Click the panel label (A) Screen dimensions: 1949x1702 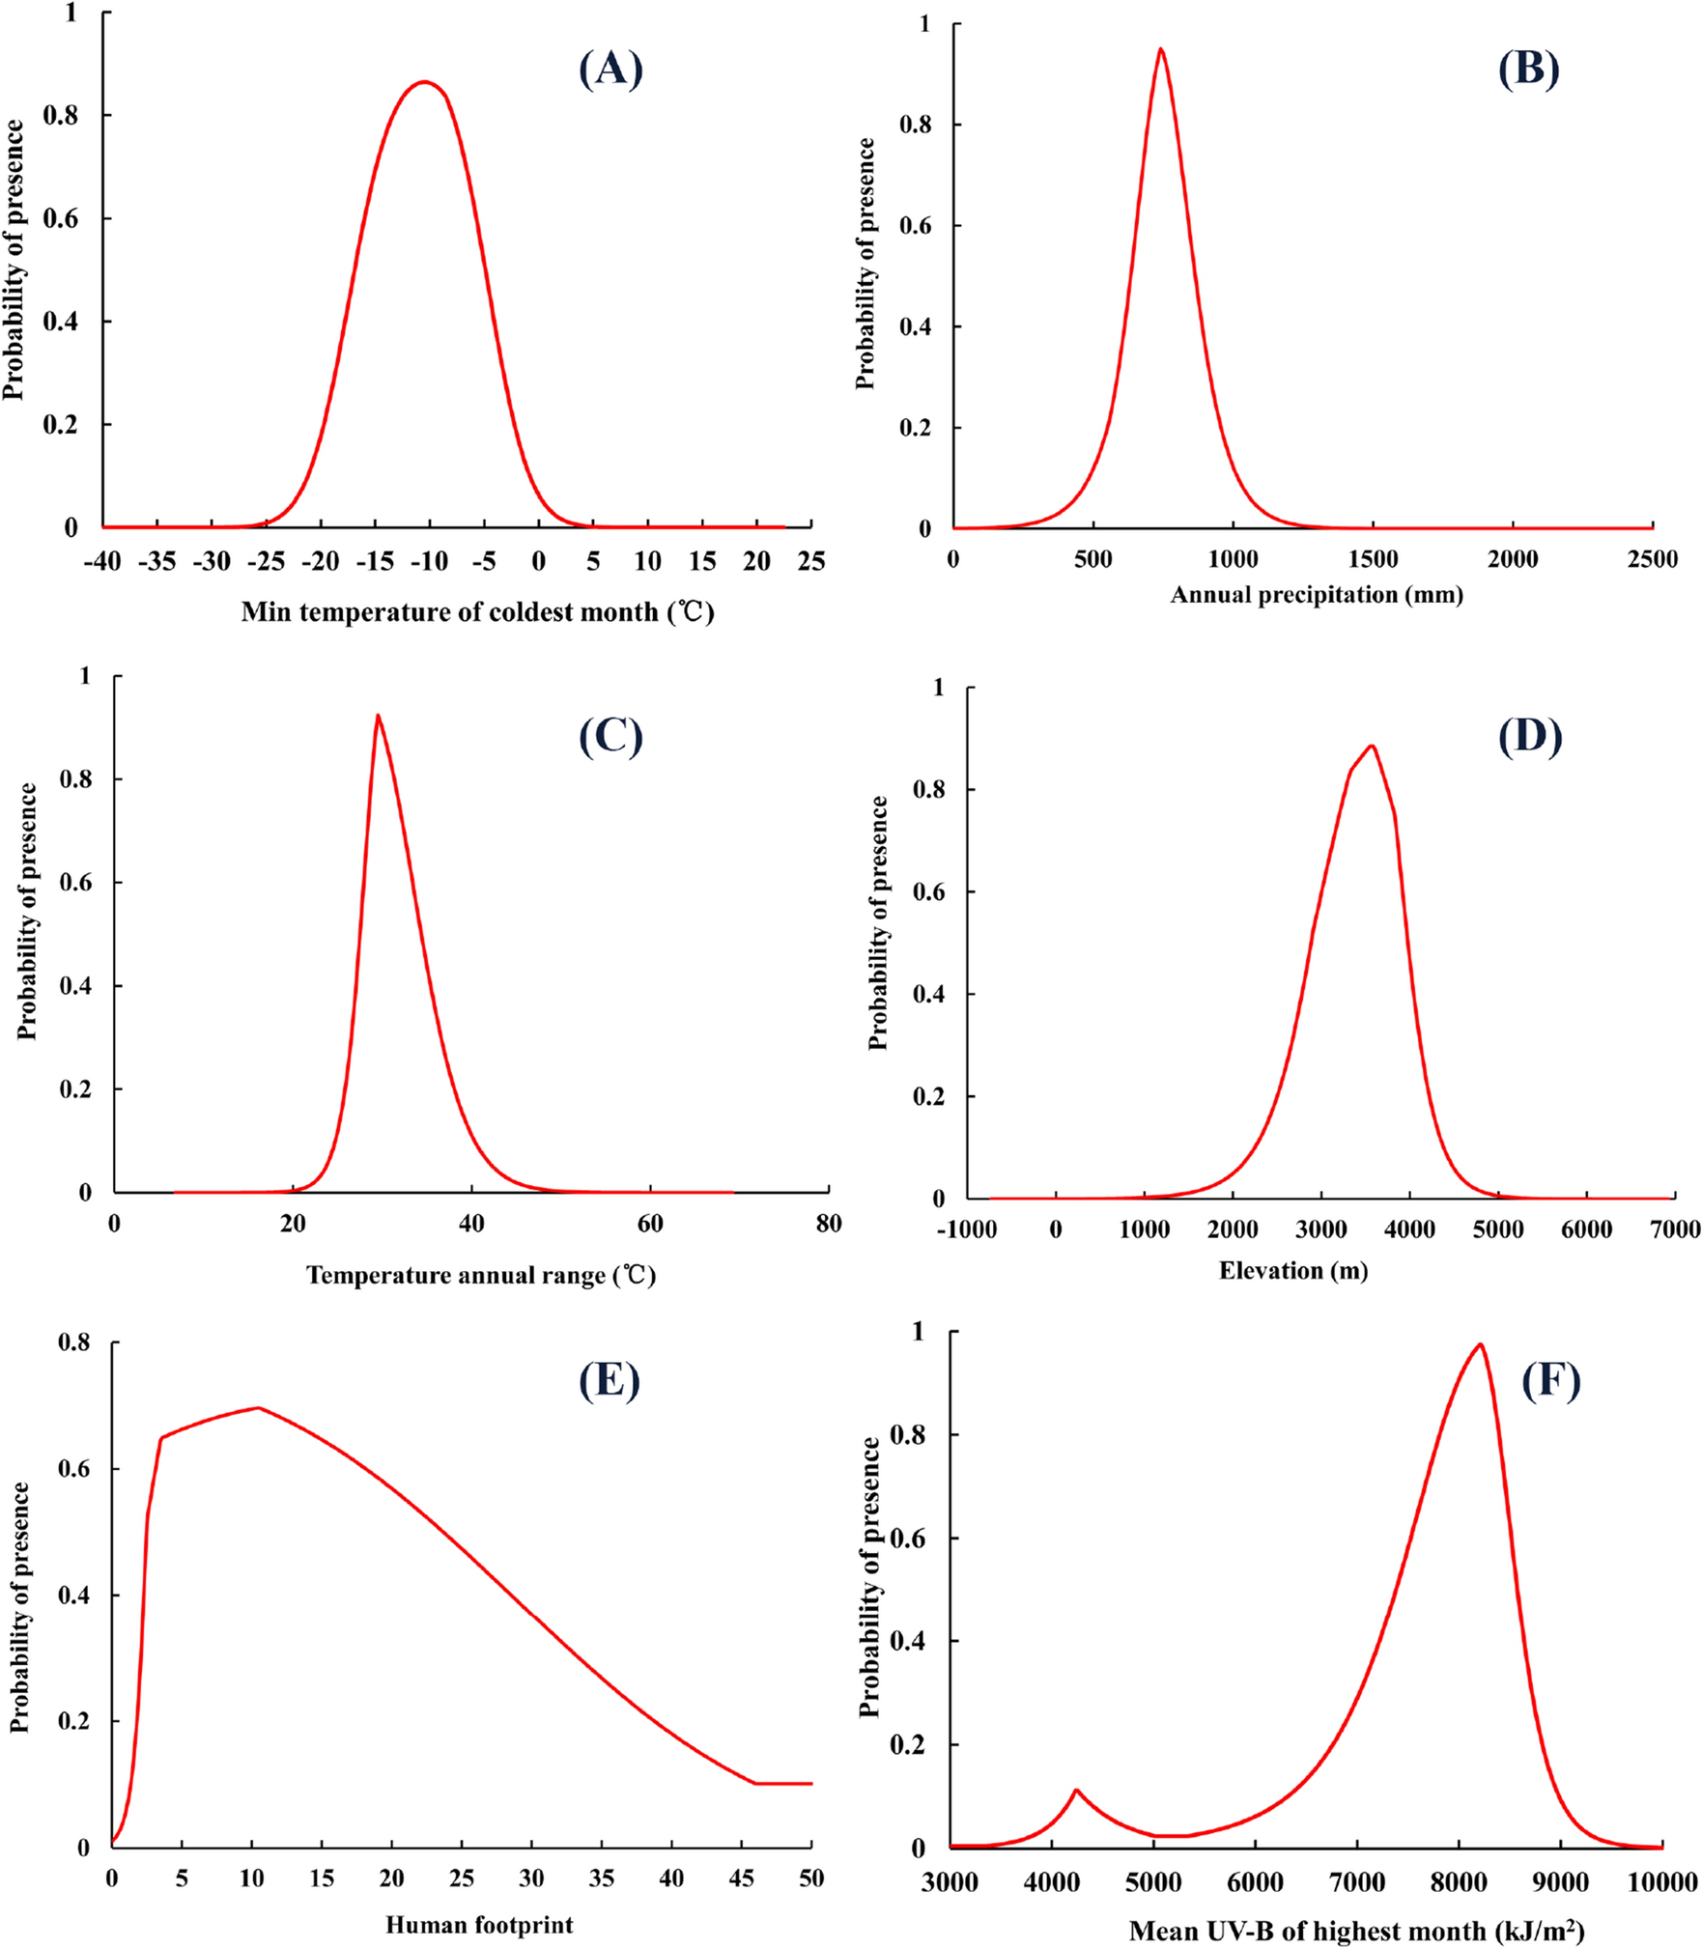pos(610,70)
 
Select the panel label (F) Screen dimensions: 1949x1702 pos(1550,1380)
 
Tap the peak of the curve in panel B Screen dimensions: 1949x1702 pos(1160,49)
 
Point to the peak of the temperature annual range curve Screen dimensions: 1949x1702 pos(378,716)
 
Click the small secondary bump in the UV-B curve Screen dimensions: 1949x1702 pos(1076,1790)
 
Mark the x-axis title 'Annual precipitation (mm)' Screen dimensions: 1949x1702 pos(1316,595)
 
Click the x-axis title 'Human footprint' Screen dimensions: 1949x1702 pos(479,1925)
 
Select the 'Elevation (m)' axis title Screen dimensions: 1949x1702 pos(1292,1270)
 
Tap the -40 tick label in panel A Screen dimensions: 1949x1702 pos(102,562)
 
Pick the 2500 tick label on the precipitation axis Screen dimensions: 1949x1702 pos(1652,559)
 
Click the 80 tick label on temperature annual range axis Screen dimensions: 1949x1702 pos(828,1224)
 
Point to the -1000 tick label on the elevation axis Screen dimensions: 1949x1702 pos(966,1229)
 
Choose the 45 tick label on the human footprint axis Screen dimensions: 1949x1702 pos(741,1878)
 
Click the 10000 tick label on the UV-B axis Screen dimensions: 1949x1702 pos(1661,1882)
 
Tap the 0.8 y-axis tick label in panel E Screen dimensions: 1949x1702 pos(74,1342)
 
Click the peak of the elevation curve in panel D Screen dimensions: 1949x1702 pos(1371,746)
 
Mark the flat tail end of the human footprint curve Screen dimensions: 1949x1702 pos(784,1784)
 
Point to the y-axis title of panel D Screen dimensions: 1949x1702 pos(878,922)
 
